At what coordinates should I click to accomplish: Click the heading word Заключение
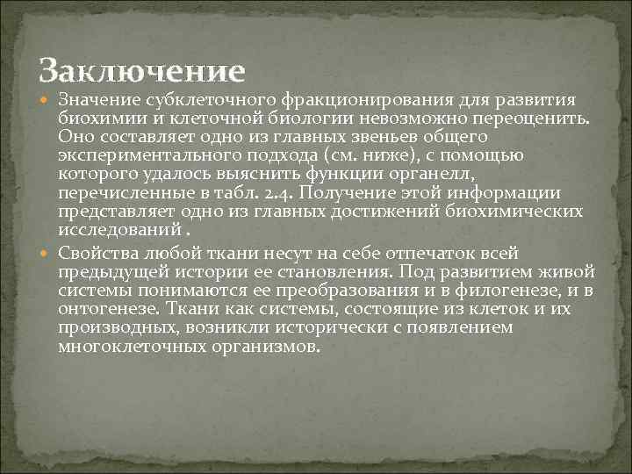[x=142, y=68]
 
